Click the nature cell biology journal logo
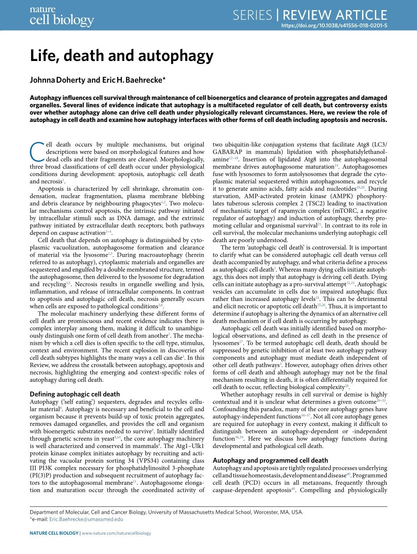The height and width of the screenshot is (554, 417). click(61, 16)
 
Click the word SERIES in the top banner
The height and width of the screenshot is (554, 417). click(252, 15)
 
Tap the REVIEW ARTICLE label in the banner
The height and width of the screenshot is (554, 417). click(335, 15)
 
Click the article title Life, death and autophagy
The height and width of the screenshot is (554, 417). click(122, 56)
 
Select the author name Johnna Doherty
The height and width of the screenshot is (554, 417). click(54, 80)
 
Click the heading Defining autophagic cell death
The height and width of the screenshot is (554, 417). click(74, 394)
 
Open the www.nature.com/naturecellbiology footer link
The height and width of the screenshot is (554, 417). click(116, 533)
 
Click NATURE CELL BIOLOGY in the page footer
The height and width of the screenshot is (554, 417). click(54, 533)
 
